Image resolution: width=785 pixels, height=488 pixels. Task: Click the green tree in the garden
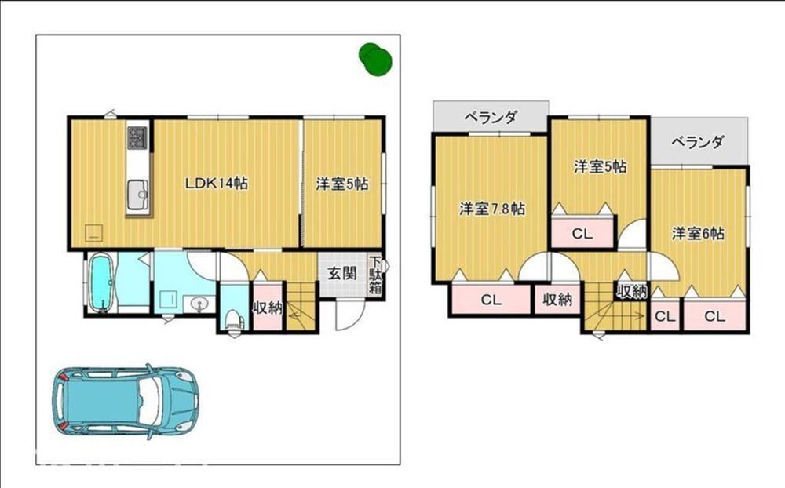pos(375,59)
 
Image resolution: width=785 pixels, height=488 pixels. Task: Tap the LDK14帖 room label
pos(217,183)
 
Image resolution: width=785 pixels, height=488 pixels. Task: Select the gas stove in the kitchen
pos(137,137)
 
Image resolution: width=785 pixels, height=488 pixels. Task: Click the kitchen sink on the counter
pos(137,195)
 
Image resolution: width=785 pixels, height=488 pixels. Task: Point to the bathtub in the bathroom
pos(102,282)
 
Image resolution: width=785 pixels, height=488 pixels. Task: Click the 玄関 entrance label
pos(342,273)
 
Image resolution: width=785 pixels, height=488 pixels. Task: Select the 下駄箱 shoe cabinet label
pos(375,275)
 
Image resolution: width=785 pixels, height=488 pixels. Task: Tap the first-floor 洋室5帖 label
pos(342,184)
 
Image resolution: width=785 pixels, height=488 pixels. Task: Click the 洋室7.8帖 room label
pos(492,208)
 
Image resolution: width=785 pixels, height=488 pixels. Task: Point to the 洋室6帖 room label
pos(698,233)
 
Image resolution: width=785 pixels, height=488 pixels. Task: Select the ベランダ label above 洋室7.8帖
pos(490,118)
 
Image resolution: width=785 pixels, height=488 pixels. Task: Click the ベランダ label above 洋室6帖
pos(697,142)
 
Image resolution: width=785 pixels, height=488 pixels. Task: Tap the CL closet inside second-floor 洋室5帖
pos(582,233)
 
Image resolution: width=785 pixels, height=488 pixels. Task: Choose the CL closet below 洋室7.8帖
pos(491,299)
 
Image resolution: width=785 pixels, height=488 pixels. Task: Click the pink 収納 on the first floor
pos(268,308)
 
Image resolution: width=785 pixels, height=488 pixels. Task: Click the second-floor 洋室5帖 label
pos(600,166)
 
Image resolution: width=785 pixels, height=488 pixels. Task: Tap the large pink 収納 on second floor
pos(557,299)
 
